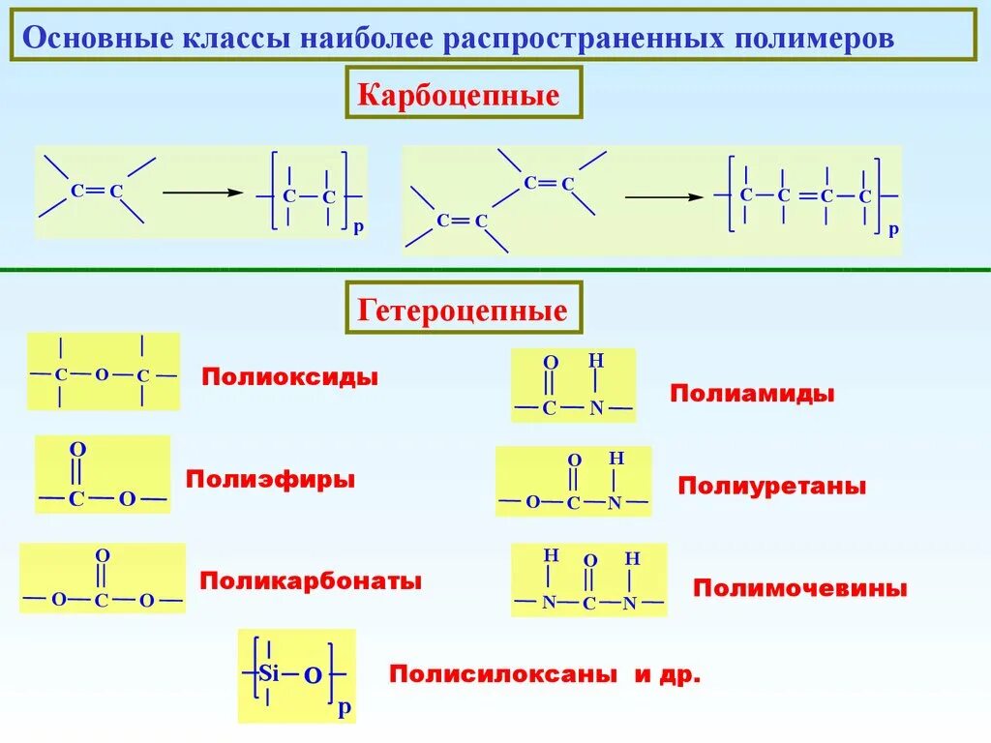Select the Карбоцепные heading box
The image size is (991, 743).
460,95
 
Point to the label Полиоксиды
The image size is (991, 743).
289,376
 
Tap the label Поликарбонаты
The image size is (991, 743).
310,581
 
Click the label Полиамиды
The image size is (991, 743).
752,394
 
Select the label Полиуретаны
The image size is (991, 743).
771,486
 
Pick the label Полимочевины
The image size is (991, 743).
800,588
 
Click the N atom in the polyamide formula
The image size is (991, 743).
596,408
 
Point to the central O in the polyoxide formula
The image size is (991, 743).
101,374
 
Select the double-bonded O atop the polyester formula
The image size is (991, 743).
77,450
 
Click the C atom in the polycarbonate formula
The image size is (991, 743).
102,601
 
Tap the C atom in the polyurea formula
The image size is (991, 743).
589,604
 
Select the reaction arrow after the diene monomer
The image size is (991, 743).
663,197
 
